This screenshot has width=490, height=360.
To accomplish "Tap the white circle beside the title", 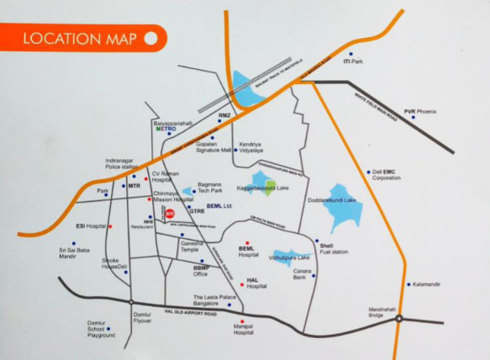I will pos(150,38).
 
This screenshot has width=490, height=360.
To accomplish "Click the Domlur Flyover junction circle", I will pos(132,302).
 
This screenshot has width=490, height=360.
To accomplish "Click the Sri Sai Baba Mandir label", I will pos(74,252).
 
